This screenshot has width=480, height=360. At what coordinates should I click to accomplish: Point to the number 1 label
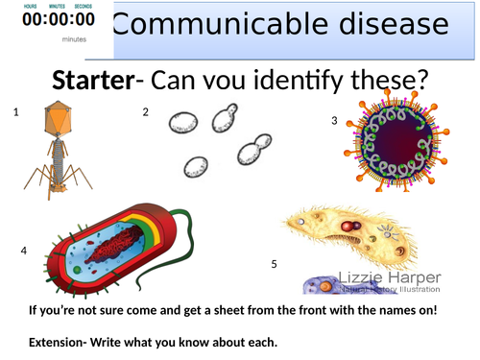[x=16, y=112]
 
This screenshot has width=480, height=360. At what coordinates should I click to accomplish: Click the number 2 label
[x=146, y=112]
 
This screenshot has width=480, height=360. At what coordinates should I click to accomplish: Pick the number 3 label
[x=334, y=121]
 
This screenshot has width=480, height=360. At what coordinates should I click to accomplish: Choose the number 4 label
[x=23, y=252]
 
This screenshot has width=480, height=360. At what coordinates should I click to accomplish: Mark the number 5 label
[x=274, y=263]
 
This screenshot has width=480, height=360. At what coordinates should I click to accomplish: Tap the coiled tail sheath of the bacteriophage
[x=60, y=153]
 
